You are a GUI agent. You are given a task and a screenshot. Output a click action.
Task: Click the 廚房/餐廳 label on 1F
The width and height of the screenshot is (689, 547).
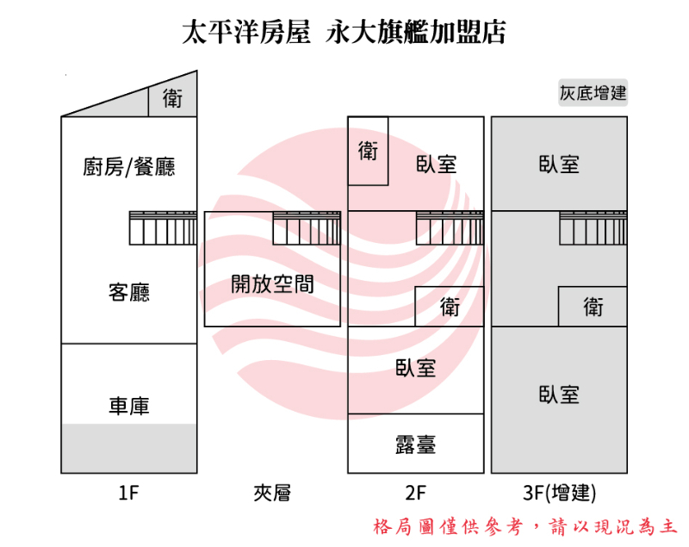(128, 167)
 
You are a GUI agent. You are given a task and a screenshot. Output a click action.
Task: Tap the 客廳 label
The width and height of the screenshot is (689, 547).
(128, 292)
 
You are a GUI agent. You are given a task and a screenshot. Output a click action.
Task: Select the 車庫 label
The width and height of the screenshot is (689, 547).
(128, 406)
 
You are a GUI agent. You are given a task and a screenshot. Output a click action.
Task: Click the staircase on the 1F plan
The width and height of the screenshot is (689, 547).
(163, 228)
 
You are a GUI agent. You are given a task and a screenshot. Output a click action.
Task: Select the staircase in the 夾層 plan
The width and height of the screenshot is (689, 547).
(307, 228)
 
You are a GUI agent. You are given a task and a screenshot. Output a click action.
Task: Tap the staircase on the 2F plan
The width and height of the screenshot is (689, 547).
(450, 228)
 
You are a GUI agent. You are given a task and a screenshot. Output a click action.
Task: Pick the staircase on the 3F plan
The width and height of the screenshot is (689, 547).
(593, 228)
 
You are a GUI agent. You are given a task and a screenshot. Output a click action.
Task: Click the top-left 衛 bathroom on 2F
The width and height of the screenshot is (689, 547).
(369, 151)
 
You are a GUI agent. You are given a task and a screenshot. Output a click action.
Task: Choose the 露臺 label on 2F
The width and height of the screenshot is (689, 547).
(416, 444)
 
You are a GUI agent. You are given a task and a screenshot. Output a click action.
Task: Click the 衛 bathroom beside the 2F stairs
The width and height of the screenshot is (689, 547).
(450, 307)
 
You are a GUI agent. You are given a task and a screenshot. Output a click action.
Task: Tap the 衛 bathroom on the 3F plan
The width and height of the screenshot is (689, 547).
(593, 307)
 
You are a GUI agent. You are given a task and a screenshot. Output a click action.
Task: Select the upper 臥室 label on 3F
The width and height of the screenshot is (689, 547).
(559, 165)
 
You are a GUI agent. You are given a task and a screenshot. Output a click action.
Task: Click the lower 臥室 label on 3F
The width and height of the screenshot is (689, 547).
(559, 395)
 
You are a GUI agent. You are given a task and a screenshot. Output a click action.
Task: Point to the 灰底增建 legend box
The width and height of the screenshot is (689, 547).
(593, 93)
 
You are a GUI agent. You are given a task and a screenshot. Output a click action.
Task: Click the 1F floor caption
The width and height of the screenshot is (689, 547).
(128, 493)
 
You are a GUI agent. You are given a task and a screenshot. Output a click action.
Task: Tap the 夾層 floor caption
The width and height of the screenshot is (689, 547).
(272, 493)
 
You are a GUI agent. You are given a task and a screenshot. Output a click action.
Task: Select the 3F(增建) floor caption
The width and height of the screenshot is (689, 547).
(559, 493)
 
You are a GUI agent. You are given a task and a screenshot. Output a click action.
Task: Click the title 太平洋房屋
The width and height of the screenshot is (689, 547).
(246, 32)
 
